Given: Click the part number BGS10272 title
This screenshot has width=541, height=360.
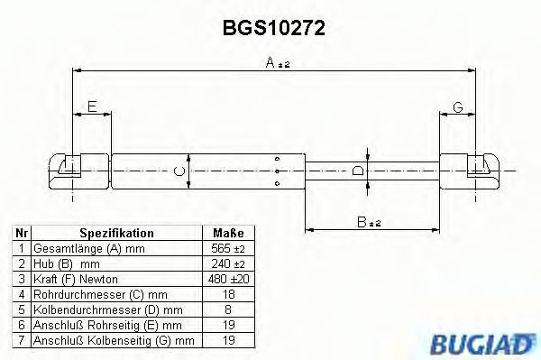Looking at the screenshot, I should [x=274, y=28].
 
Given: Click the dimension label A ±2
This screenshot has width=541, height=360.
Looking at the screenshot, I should [x=277, y=63].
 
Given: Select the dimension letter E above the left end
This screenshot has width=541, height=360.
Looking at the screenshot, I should [x=91, y=107].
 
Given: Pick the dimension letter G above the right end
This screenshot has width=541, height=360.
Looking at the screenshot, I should [x=458, y=107].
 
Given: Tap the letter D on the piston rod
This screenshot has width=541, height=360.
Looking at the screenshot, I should [x=358, y=171].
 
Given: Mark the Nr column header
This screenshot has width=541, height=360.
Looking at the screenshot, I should [x=21, y=233].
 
